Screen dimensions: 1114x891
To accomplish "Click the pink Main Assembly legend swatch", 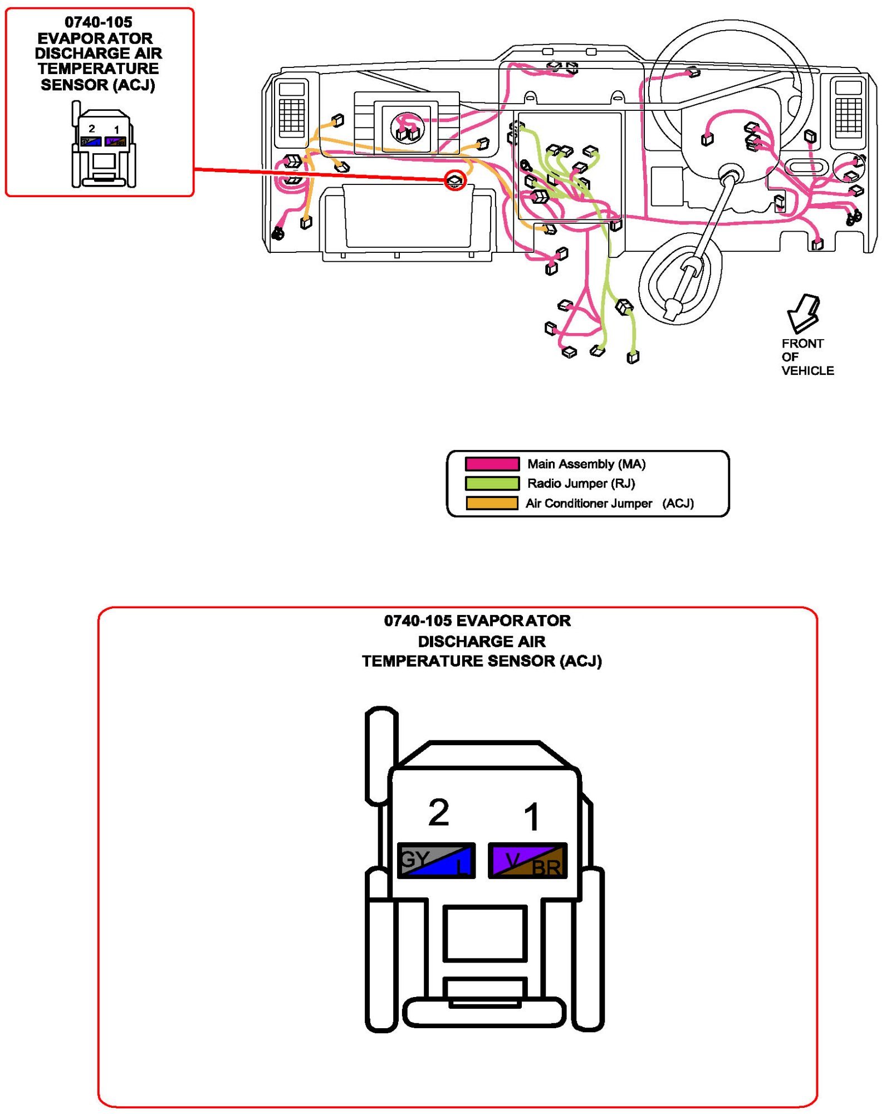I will pos(492,463).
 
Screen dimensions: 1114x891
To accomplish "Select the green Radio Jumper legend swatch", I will pos(492,483).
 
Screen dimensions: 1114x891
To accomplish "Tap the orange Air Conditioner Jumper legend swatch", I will pos(492,503).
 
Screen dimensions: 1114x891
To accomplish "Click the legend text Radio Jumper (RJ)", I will pos(581,483).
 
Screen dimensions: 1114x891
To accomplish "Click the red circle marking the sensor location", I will pos(455,180).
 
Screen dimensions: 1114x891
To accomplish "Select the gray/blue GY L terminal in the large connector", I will pos(436,861).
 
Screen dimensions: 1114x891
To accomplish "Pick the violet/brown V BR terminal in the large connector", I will pos(527,861).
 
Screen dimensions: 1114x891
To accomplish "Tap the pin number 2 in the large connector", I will pos(438,812).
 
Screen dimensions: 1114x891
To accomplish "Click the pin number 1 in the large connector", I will pos(532,817).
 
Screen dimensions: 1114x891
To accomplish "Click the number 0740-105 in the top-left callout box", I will pos(99,22).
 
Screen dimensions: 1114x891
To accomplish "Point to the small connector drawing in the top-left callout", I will pos(104,146).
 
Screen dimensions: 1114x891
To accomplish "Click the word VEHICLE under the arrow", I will pos(807,370).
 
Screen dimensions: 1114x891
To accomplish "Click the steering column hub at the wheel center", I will pos(730,174).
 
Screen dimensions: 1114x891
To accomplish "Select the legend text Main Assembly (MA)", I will pos(586,463).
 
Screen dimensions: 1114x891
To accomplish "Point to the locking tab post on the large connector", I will pos(380,755).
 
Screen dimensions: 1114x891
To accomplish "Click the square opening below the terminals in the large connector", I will pos(484,933).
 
